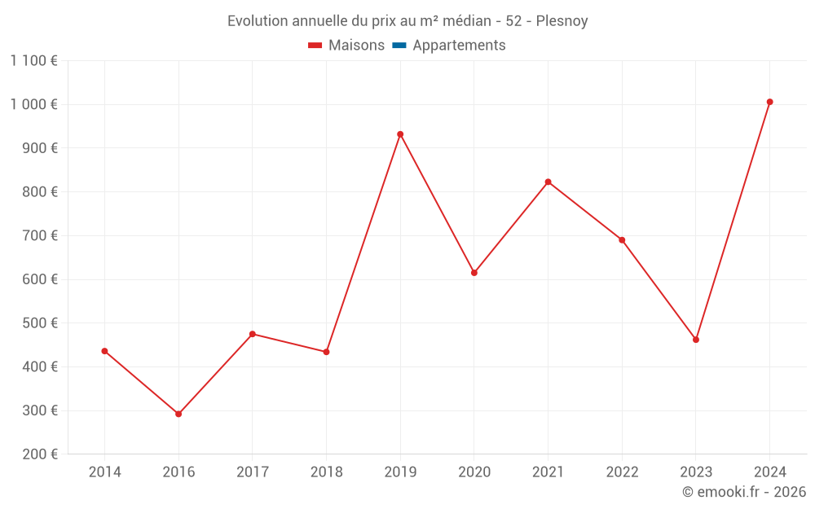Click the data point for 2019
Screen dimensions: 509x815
400,134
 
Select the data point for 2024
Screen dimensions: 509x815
769,102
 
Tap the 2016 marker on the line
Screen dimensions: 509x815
178,414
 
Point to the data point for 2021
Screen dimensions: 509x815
548,182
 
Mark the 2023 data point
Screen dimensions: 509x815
696,340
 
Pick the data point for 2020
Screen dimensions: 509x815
474,273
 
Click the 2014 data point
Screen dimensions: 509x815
104,351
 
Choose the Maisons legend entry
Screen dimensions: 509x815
356,46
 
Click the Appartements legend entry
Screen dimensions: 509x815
459,46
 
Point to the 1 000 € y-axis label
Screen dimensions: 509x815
34,104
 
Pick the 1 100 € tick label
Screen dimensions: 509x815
34,60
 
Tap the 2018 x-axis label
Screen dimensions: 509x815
326,472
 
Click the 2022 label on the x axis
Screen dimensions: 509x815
622,472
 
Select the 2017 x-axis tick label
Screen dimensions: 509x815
252,472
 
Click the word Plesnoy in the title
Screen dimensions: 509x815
562,21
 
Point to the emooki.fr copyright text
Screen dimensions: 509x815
744,492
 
